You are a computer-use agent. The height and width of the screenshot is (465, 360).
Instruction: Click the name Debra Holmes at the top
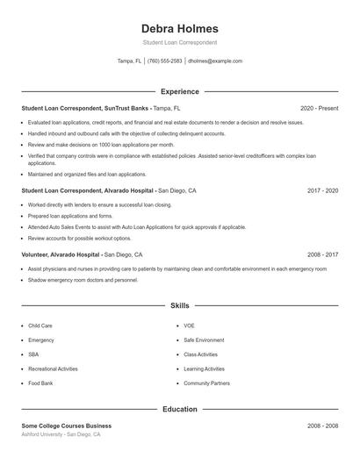point(179,28)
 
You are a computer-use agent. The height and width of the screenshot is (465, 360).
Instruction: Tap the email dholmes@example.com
point(215,61)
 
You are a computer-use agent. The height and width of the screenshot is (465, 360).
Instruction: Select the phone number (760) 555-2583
point(165,61)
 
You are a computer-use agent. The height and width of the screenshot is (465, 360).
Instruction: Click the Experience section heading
point(179,91)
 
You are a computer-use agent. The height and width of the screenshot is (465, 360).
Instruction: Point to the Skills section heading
point(179,306)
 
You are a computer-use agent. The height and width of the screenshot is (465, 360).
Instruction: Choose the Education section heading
point(179,409)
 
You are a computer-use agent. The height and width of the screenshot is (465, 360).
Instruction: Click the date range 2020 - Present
point(319,108)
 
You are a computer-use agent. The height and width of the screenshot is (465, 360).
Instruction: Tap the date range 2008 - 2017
point(322,254)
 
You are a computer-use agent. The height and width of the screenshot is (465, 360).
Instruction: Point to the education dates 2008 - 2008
point(322,426)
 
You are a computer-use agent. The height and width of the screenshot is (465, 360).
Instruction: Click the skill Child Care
point(40,325)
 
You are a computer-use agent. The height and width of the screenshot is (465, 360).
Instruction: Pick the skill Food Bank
point(40,383)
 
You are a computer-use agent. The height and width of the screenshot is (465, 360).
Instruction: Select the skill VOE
point(189,325)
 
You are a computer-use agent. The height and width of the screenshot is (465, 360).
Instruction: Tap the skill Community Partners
point(206,383)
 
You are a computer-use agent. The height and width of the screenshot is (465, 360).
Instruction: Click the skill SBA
point(33,354)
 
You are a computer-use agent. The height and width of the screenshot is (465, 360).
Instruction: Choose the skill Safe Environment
point(204,340)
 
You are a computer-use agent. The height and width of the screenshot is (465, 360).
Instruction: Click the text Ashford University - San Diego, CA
point(61,434)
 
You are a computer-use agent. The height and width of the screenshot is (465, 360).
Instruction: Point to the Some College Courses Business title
point(67,426)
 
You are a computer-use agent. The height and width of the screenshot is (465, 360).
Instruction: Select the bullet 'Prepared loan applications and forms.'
point(70,215)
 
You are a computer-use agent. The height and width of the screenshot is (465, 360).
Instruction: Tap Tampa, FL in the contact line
point(129,61)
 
